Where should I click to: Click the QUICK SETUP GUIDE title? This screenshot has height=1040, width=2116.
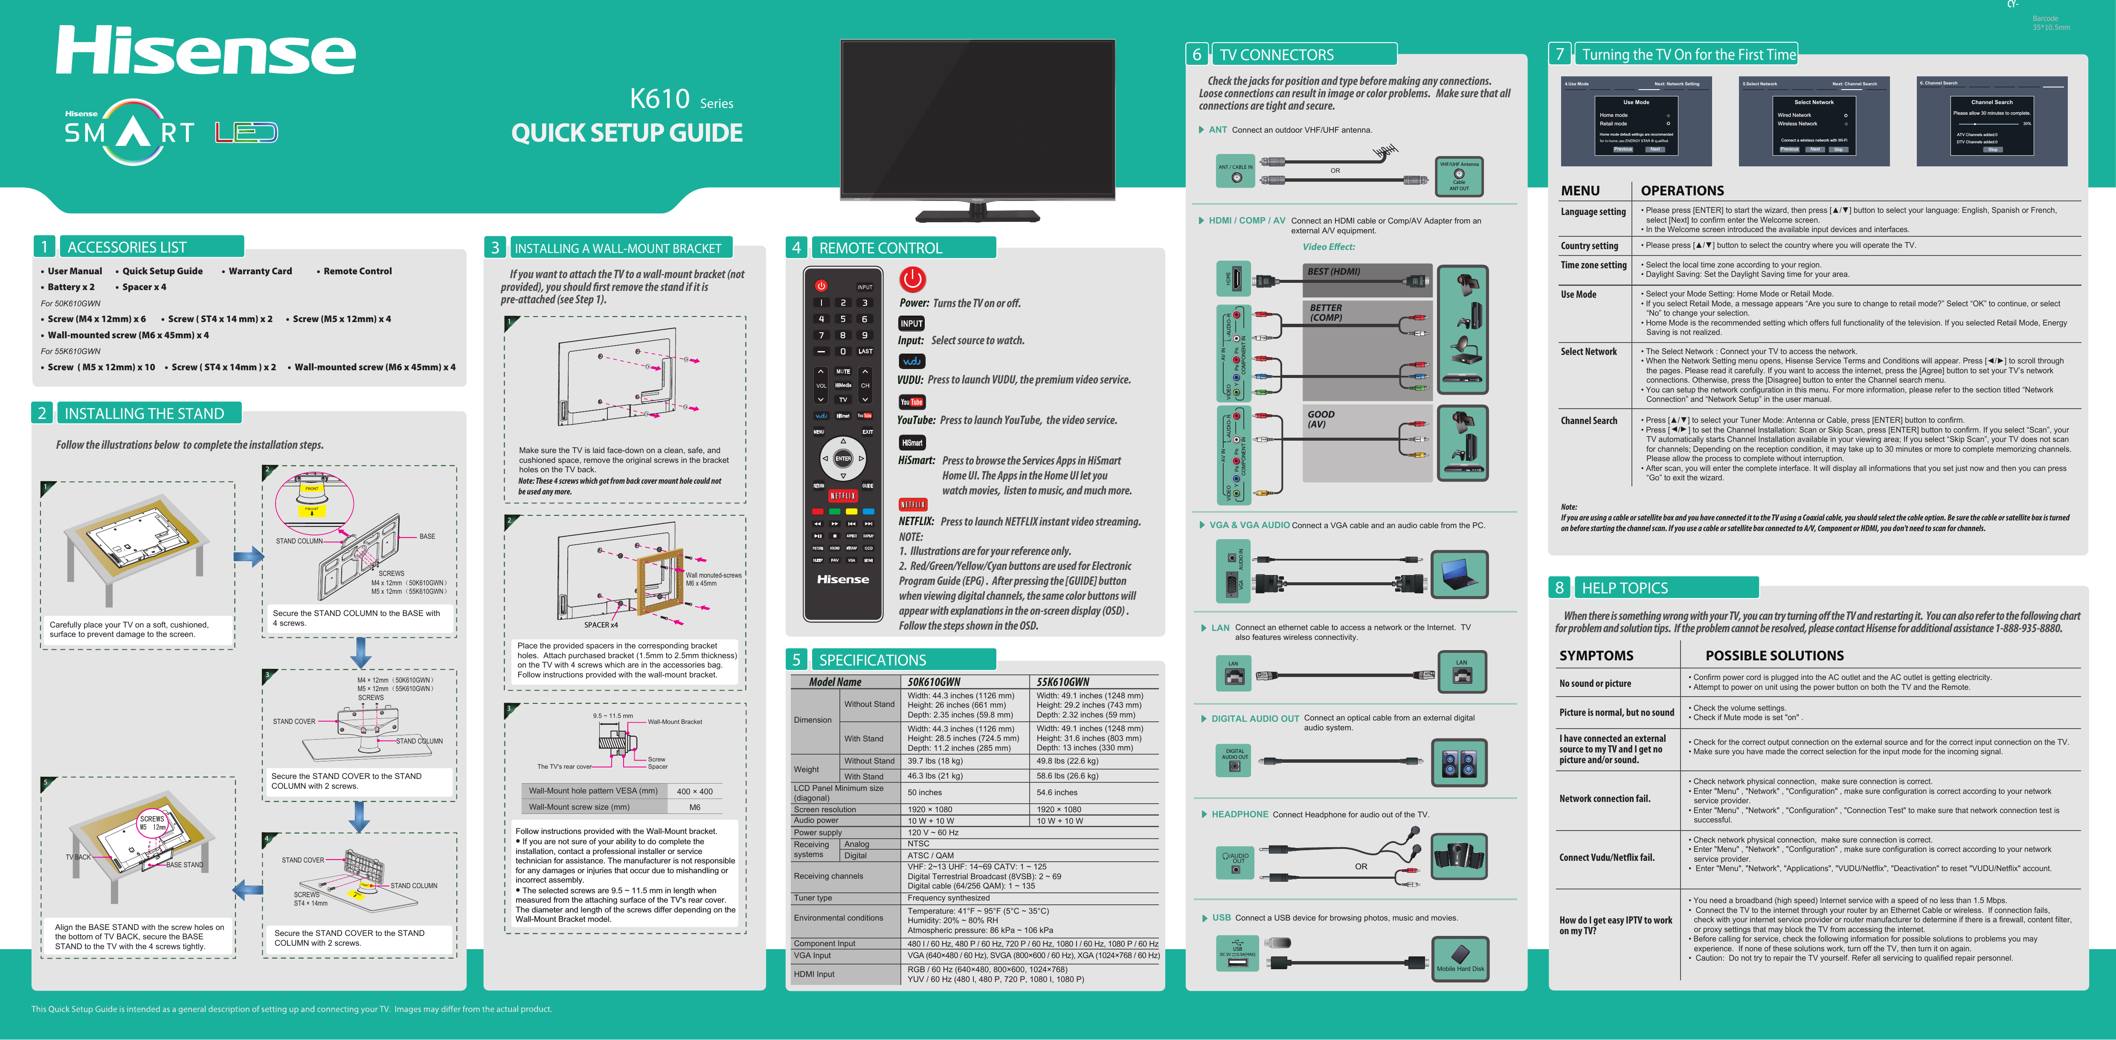[626, 133]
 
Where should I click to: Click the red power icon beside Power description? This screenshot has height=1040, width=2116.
[912, 279]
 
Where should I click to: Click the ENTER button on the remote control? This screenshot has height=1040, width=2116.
[843, 459]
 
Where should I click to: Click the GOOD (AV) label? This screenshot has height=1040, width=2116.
[1321, 419]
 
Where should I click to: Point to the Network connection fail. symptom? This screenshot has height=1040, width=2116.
[1604, 799]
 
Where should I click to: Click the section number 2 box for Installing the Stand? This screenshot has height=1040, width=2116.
[42, 413]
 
